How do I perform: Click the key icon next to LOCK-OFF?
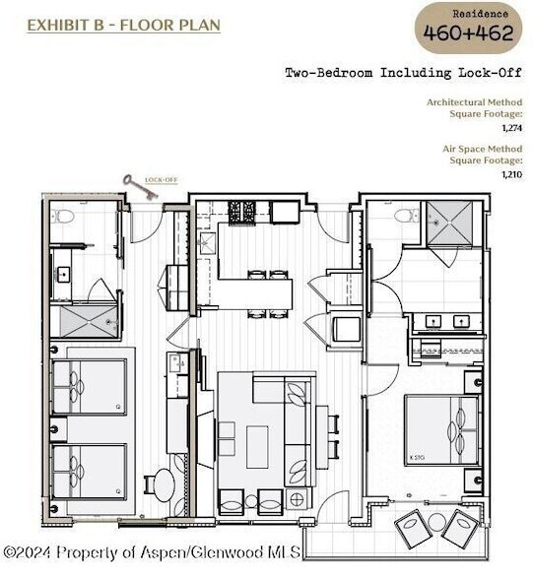click(x=138, y=187)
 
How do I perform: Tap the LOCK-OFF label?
click(x=160, y=180)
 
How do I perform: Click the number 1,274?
click(x=510, y=126)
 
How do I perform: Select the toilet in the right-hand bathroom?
click(x=404, y=215)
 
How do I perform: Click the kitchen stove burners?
click(x=243, y=210)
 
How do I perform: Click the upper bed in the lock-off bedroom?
click(x=89, y=385)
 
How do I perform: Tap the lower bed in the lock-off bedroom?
click(x=89, y=471)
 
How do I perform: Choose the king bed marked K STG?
click(x=441, y=431)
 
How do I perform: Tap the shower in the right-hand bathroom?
click(x=452, y=225)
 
